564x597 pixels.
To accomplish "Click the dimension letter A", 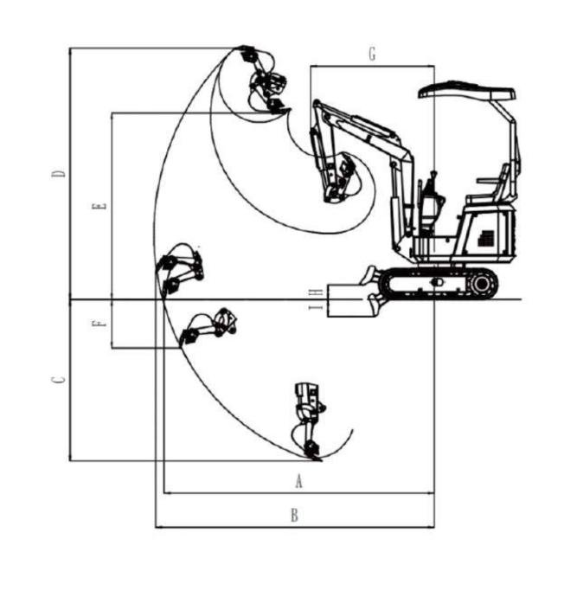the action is (298, 481).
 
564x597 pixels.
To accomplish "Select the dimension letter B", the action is (294, 516).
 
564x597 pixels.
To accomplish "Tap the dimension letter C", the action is (59, 380).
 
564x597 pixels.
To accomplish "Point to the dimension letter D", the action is (59, 174).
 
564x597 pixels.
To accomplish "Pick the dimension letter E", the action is (99, 206).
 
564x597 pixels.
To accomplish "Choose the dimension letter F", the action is (99, 324).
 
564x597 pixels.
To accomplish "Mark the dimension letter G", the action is (372, 54).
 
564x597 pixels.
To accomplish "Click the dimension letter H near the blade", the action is (316, 292).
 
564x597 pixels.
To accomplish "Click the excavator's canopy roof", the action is (467, 91).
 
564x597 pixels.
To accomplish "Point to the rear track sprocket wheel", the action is (482, 283).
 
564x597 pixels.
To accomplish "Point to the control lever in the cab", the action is (433, 183).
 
